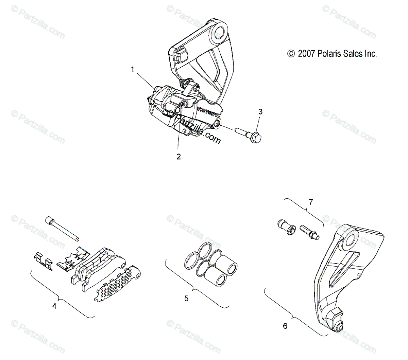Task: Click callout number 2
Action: coord(178,157)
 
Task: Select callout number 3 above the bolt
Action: coord(260,111)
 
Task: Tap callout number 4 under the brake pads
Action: coord(54,306)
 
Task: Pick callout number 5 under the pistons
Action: coord(186,299)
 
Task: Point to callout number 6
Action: coord(285,326)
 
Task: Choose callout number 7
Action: coord(310,202)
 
